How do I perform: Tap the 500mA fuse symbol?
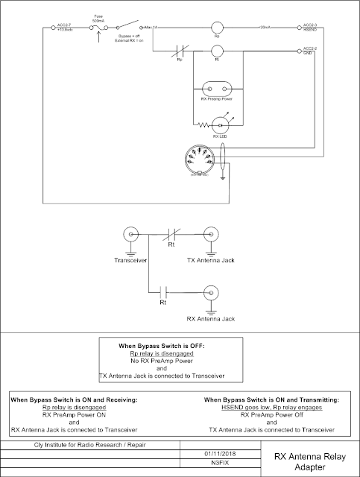coord(100,28)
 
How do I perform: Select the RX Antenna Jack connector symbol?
coord(210,292)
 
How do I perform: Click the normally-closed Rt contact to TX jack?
coord(171,234)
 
